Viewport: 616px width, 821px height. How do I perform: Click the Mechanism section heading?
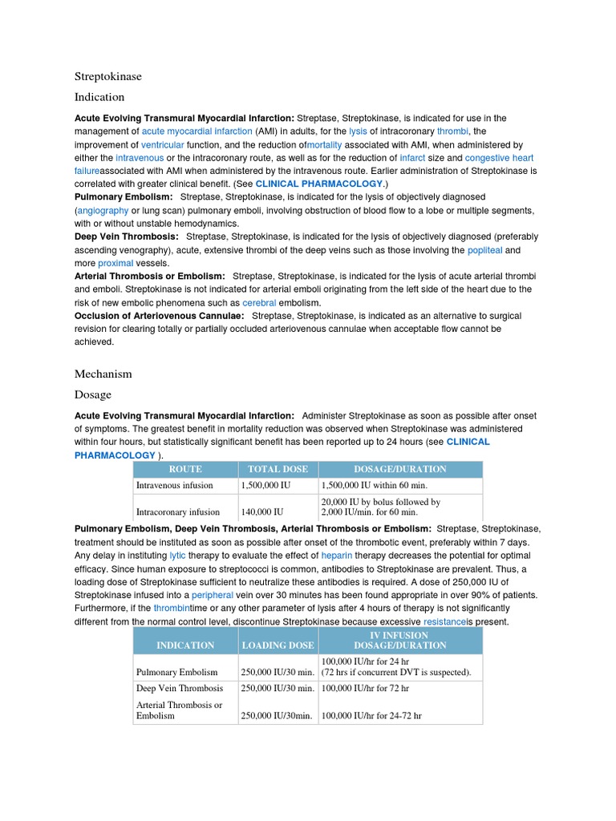coord(103,374)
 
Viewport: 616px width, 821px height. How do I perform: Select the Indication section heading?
coord(99,97)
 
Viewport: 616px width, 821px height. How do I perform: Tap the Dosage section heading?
coord(93,394)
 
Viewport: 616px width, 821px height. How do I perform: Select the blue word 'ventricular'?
coord(163,145)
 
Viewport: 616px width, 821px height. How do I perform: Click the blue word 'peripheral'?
coord(213,595)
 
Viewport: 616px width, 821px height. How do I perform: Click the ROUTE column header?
coord(185,469)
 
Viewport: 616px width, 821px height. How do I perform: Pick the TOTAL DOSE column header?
coord(278,469)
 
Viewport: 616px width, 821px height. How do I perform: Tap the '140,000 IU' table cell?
coord(262,512)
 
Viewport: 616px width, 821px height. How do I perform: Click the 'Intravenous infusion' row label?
coord(175,485)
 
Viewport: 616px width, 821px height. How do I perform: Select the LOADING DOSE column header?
coord(278,645)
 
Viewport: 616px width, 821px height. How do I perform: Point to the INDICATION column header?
coord(185,645)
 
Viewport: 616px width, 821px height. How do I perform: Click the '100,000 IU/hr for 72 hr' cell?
coord(365,689)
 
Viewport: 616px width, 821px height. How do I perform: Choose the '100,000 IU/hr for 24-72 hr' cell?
coord(371,715)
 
